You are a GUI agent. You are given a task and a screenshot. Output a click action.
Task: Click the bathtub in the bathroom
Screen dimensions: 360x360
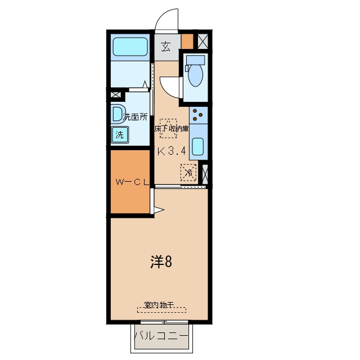click(130, 47)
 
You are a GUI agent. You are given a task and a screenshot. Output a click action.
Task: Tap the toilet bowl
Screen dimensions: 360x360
click(195, 75)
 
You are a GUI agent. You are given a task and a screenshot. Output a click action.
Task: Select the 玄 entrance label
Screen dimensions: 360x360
click(166, 47)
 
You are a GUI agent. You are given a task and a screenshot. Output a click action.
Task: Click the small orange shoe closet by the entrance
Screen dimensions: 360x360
click(187, 41)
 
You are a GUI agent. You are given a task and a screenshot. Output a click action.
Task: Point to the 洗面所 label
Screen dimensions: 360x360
click(135, 117)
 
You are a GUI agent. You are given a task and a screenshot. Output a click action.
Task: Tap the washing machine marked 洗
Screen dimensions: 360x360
click(120, 135)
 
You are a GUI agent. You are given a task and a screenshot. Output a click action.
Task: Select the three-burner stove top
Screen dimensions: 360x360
click(199, 115)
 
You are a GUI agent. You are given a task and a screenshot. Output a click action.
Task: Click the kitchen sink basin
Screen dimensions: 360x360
click(197, 146)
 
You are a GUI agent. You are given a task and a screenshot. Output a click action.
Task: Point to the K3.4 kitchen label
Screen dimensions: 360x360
click(172, 151)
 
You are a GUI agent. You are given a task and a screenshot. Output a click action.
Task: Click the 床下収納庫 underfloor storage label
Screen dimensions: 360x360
click(172, 129)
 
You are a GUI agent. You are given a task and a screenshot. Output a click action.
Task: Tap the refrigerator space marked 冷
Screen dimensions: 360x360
click(189, 173)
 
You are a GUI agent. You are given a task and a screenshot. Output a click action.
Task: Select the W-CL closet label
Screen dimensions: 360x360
click(132, 182)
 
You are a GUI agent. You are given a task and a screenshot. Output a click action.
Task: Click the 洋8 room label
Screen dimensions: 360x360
click(161, 262)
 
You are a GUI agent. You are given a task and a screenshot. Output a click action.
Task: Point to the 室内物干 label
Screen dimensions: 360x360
click(159, 305)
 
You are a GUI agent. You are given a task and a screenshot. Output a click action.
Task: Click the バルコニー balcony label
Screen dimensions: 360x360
click(161, 336)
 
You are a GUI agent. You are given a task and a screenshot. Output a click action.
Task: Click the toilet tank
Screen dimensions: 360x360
click(195, 60)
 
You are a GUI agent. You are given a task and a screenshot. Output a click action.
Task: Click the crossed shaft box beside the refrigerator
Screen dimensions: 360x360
click(205, 174)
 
